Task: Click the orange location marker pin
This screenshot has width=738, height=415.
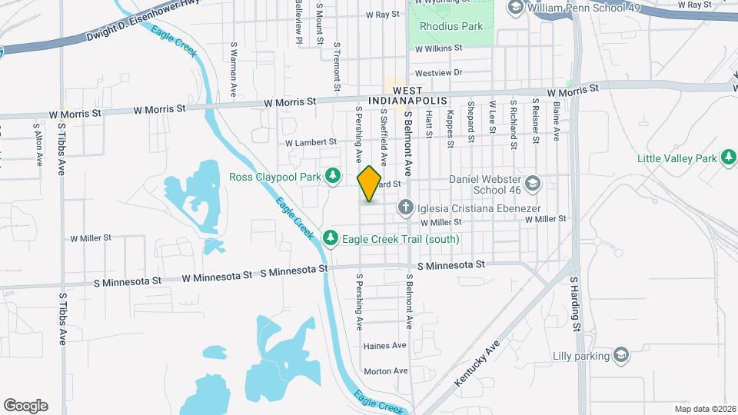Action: [370, 183]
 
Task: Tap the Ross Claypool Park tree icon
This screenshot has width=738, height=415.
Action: [332, 177]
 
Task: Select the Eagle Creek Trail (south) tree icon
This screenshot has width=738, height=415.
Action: [331, 239]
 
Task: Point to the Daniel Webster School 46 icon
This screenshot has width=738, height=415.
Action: [534, 183]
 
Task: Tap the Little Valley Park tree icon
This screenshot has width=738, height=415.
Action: [728, 158]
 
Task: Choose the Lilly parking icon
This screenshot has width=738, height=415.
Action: [621, 355]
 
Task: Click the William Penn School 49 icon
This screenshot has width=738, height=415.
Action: [516, 8]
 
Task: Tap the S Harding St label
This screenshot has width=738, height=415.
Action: [575, 306]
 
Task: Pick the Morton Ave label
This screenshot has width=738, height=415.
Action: [385, 371]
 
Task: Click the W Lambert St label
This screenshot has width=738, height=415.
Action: [311, 142]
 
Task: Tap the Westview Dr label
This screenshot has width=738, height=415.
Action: [437, 73]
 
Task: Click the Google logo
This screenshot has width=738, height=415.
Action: [25, 406]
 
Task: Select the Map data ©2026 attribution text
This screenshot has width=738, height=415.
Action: [703, 409]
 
